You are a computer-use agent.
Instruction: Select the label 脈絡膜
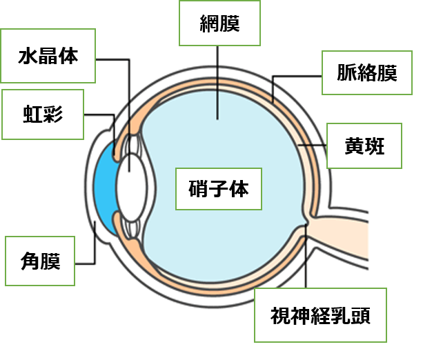[x=367, y=72]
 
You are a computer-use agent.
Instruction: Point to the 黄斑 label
[x=364, y=146]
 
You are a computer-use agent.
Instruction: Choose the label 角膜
[x=41, y=261]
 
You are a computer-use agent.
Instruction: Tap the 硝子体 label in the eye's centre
[x=219, y=188]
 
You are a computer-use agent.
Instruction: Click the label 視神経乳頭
[x=320, y=316]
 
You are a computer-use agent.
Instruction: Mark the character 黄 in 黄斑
[x=355, y=146]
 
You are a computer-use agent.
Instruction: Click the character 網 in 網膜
[x=208, y=23]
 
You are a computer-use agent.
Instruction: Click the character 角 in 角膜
[x=31, y=261]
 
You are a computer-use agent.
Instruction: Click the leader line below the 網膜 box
[x=218, y=83]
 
